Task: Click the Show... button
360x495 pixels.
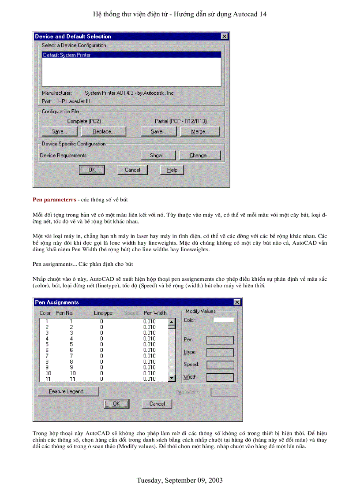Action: (x=158, y=155)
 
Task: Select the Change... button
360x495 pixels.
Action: (x=199, y=155)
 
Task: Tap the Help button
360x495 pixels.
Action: (x=172, y=170)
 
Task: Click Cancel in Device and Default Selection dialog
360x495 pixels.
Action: (x=132, y=170)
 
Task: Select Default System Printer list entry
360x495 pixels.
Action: (x=131, y=55)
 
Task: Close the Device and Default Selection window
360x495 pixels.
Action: (x=225, y=37)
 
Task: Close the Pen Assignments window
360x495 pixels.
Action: (x=237, y=302)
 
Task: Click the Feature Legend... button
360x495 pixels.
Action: (x=68, y=391)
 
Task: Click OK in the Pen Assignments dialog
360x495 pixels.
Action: (x=116, y=403)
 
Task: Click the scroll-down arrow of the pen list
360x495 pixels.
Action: (x=172, y=378)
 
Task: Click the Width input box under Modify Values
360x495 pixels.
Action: (x=220, y=377)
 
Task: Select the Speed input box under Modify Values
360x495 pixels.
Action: (x=220, y=365)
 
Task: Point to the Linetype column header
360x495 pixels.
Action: (x=103, y=313)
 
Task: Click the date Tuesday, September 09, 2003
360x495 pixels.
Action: (x=180, y=480)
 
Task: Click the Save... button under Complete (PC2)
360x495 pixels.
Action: (x=59, y=131)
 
